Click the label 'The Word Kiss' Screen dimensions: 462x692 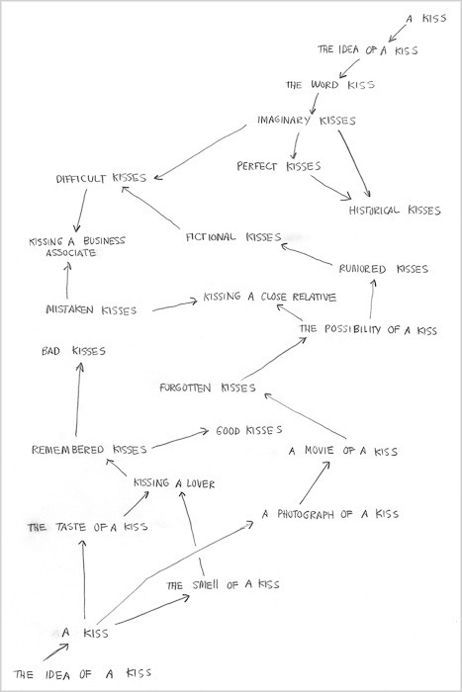[x=330, y=84]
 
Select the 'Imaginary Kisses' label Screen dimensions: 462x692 [x=307, y=120]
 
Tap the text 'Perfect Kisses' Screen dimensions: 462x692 [x=279, y=166]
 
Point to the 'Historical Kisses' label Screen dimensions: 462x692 [x=395, y=210]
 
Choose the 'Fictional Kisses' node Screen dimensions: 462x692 [x=233, y=237]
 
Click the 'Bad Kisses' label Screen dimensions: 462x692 [x=74, y=351]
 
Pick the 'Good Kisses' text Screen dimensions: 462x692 [x=249, y=430]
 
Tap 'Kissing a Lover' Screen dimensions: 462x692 [x=174, y=483]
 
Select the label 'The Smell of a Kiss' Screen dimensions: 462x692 [x=223, y=585]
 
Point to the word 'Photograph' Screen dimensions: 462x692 [x=306, y=514]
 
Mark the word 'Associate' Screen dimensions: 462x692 [x=71, y=253]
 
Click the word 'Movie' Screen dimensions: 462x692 [x=319, y=451]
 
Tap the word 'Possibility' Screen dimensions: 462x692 [x=352, y=329]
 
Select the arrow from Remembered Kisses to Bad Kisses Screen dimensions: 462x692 [x=78, y=399]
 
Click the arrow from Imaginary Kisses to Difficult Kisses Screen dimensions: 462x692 [x=200, y=152]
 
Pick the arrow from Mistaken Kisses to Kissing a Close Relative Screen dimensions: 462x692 [x=175, y=305]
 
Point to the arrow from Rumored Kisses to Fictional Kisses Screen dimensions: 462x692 [x=307, y=254]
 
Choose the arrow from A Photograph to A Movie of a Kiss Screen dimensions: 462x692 [x=315, y=482]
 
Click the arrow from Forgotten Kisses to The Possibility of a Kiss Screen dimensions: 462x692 [x=274, y=359]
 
